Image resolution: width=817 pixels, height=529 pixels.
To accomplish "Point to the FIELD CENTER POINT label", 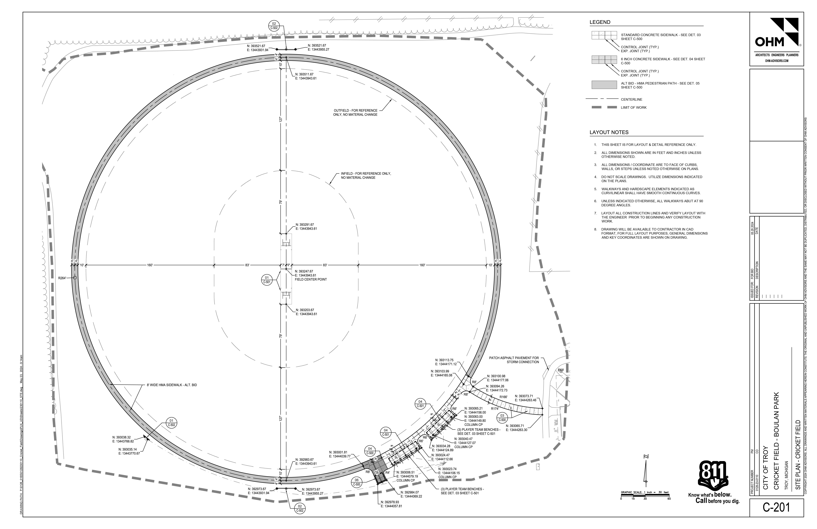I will point(311,279).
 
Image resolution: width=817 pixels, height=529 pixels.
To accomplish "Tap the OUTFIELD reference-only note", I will point(355,112).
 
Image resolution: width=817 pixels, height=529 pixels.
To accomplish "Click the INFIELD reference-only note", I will point(366,176).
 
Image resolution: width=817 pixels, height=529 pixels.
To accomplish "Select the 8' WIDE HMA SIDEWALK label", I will point(172,385).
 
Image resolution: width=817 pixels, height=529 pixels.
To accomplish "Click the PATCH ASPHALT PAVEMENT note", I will point(514,360).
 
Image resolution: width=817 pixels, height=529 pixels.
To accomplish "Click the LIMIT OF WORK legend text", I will point(633,107).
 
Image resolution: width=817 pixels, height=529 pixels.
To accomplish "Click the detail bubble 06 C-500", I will point(357,482).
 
